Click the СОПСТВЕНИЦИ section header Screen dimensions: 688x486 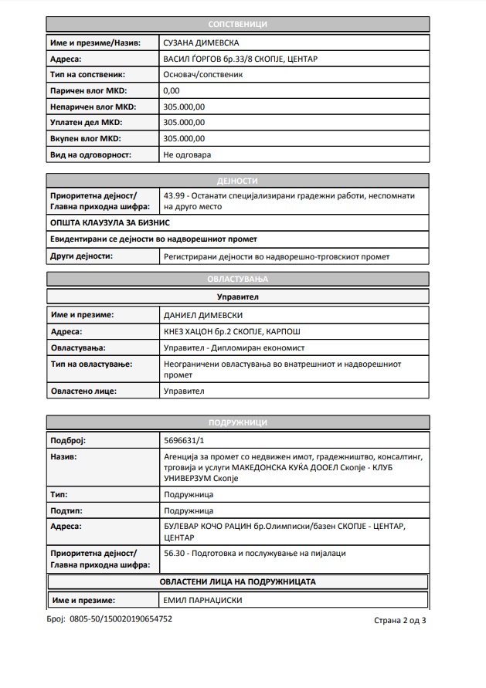(237, 25)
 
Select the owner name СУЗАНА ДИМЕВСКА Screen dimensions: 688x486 (200, 42)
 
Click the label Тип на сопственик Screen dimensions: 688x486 (87, 74)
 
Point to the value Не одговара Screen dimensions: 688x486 (187, 154)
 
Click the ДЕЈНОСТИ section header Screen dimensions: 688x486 (237, 181)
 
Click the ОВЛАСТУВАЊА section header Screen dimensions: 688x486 (237, 279)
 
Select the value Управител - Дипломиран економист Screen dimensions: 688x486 (235, 347)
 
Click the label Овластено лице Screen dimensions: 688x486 (83, 391)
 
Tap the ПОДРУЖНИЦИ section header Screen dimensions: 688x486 (237, 422)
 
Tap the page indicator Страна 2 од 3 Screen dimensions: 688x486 (399, 620)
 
